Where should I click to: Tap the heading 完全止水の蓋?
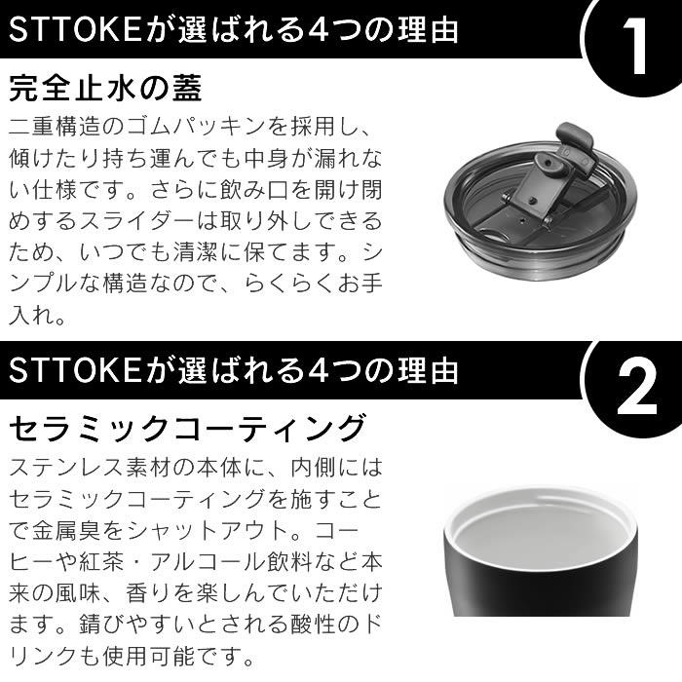[x=105, y=89]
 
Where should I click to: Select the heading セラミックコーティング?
[x=187, y=429]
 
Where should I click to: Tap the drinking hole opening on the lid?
[x=495, y=236]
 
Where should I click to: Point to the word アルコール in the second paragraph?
[x=208, y=562]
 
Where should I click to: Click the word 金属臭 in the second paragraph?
[x=66, y=531]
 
